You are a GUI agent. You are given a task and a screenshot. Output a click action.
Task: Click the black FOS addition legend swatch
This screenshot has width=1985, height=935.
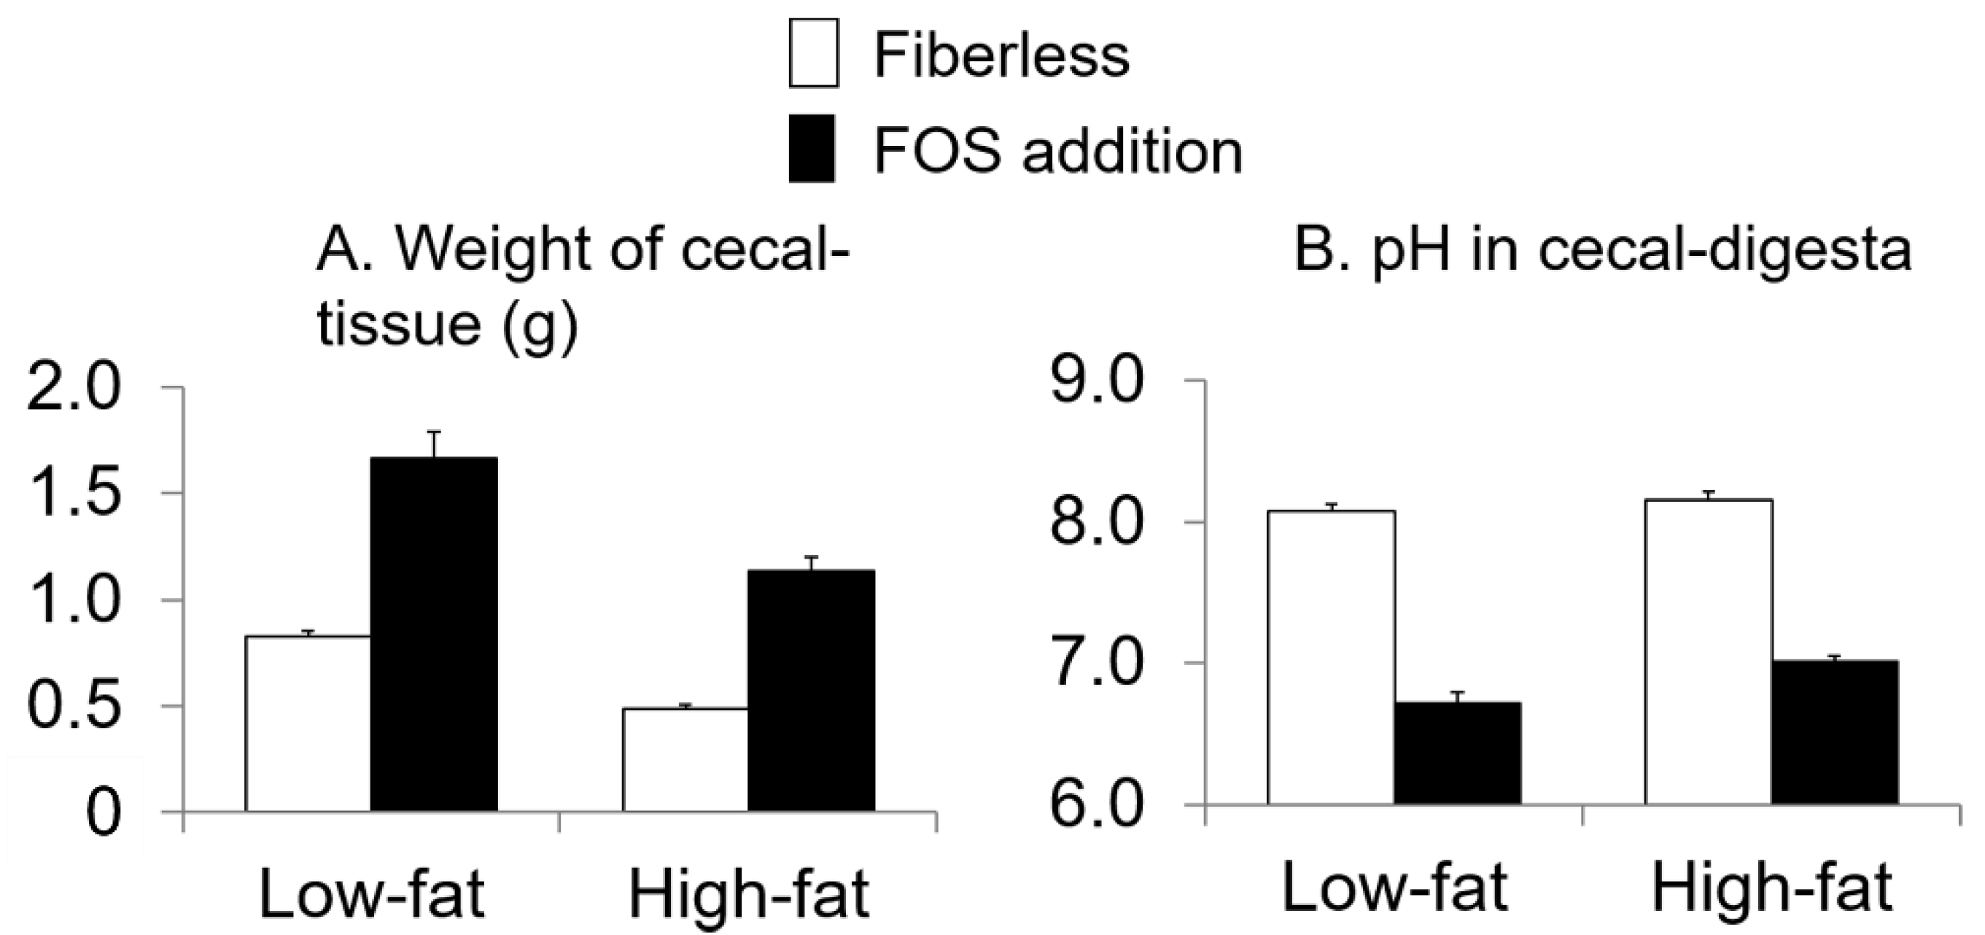[x=812, y=149]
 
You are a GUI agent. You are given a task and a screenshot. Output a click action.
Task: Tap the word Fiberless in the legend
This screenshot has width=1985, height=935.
[x=1001, y=55]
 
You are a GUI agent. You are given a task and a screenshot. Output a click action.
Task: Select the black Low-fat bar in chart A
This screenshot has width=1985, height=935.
[x=434, y=633]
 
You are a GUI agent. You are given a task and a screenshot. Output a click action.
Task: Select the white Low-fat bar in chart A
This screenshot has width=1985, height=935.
[x=308, y=723]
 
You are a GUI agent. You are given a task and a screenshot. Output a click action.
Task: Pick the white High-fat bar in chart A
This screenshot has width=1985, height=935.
[x=685, y=759]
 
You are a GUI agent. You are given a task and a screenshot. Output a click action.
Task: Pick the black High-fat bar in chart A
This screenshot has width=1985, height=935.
[x=811, y=690]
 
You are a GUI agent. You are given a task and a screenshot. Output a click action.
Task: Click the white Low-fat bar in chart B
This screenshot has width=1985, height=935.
[x=1331, y=656]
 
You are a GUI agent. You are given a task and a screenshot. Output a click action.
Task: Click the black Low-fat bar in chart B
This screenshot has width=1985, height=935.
[x=1457, y=753]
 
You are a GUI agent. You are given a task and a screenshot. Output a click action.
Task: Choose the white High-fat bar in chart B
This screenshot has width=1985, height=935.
[x=1709, y=651]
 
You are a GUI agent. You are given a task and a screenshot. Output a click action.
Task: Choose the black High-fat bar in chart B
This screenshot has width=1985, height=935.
[x=1834, y=732]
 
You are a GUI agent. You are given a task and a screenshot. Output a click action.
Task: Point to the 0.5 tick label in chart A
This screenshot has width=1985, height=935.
[x=74, y=706]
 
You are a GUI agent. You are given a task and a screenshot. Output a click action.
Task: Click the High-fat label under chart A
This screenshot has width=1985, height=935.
[x=748, y=894]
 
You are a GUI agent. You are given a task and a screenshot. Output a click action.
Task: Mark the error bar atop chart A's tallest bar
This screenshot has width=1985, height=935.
[x=435, y=444]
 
